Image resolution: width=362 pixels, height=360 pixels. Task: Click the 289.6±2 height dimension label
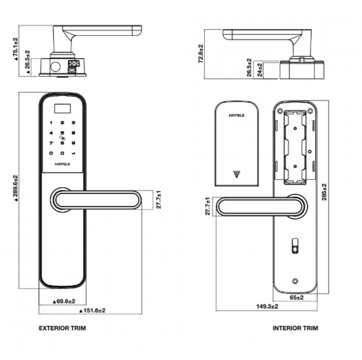coord(16,188)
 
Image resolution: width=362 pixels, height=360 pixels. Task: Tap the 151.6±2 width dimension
coord(92,310)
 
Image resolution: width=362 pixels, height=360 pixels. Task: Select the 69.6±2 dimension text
coord(64,301)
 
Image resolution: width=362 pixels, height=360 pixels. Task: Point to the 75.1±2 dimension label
coord(15,49)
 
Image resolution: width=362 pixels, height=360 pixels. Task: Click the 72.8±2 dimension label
coord(200,53)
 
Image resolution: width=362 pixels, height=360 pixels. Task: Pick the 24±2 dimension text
coord(260,69)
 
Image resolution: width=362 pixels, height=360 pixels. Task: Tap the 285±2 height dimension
coord(324,192)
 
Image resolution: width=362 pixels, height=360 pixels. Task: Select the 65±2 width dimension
coord(297,298)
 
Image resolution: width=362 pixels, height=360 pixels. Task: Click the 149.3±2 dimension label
coord(267,307)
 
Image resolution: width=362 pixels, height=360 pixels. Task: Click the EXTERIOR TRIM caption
coord(62,328)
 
